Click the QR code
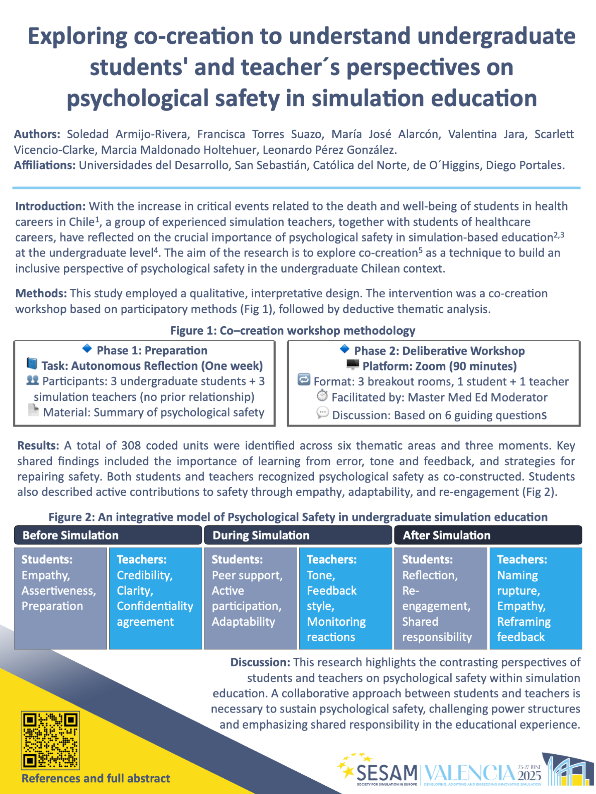point(50,740)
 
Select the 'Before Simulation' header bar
point(108,535)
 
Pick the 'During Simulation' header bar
point(298,535)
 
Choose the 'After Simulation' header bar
point(488,535)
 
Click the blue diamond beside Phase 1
point(87,349)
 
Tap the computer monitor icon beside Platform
point(353,365)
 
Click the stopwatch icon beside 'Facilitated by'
point(322,396)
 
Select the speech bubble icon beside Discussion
point(322,413)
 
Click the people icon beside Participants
point(32,380)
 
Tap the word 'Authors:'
point(37,134)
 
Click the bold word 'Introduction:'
point(50,206)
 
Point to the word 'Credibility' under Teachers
point(144,575)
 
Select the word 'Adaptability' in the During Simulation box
point(243,622)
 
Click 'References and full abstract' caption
point(96,778)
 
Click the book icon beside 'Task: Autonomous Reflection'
point(32,364)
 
